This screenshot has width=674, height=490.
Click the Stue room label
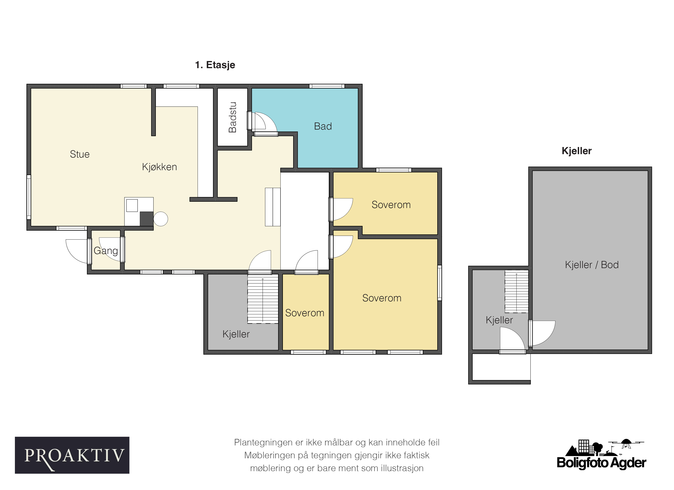pos(80,154)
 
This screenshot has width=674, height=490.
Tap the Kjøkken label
pos(159,167)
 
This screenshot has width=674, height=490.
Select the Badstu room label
pos(232,117)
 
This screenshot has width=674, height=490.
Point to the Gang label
pos(106,251)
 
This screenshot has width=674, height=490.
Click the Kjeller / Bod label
pos(592,265)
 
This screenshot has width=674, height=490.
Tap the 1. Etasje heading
pos(215,65)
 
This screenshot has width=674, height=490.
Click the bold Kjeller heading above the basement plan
pos(576,151)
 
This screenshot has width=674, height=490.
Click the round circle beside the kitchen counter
pos(161,219)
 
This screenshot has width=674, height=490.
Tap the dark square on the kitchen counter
pos(146,219)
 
